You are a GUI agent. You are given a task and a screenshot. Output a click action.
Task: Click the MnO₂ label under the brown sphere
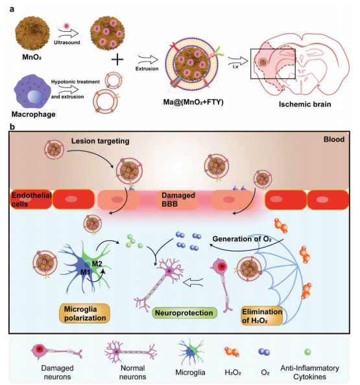tap(32, 57)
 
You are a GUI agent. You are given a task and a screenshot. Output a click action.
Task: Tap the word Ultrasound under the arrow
tap(67, 42)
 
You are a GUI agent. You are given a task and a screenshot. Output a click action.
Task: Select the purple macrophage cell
tap(29, 91)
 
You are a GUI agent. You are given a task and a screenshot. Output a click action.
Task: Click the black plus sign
tap(117, 59)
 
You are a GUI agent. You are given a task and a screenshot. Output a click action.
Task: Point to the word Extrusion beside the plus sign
tap(147, 69)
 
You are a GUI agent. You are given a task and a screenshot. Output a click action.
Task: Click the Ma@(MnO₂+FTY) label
tap(193, 102)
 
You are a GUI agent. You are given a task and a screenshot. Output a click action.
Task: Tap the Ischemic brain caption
tap(305, 104)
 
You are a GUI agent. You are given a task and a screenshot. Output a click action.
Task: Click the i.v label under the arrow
tap(235, 66)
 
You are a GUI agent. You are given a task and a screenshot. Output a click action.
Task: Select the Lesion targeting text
tap(101, 141)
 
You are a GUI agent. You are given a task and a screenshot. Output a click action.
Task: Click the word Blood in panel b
tap(334, 139)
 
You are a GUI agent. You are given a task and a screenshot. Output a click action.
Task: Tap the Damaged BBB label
tap(178, 200)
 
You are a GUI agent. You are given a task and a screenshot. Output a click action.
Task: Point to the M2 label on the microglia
tap(97, 264)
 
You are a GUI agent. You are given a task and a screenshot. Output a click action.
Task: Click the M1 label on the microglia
tap(86, 272)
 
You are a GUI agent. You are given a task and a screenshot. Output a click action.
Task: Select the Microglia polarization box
tap(84, 313)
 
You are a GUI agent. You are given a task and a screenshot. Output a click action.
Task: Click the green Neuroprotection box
tap(184, 313)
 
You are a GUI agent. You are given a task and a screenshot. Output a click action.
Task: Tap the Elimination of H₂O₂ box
tap(262, 316)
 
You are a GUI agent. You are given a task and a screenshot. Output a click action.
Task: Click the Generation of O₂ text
tap(242, 239)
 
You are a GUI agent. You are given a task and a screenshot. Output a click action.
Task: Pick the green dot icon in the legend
tap(307, 352)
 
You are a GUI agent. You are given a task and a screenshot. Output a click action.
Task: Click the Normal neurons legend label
tap(132, 372)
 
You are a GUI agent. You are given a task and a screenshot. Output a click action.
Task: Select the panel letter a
tap(12, 9)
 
